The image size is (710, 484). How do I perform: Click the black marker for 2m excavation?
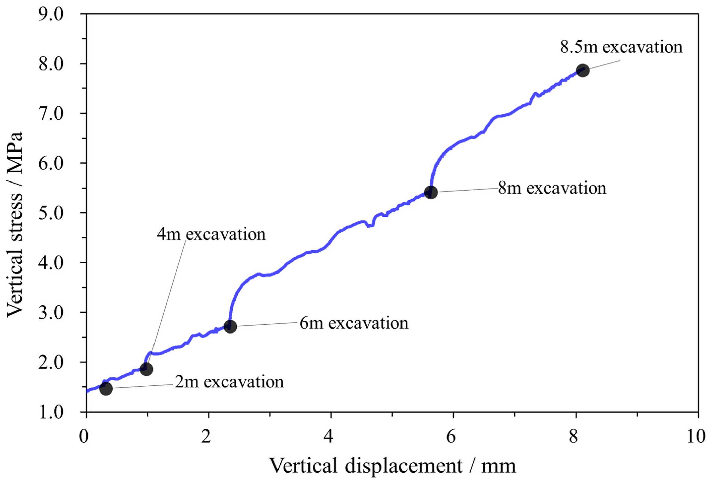(106, 389)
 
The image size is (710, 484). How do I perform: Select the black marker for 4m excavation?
(146, 369)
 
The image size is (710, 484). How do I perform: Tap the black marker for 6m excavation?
(230, 326)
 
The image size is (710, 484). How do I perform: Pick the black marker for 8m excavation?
(431, 192)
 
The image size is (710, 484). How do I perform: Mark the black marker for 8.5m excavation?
(583, 71)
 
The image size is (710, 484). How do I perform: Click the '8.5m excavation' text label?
(621, 47)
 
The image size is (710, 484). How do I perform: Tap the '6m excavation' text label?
(354, 323)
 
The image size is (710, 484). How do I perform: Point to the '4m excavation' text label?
(211, 234)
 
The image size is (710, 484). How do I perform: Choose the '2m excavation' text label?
(229, 382)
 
